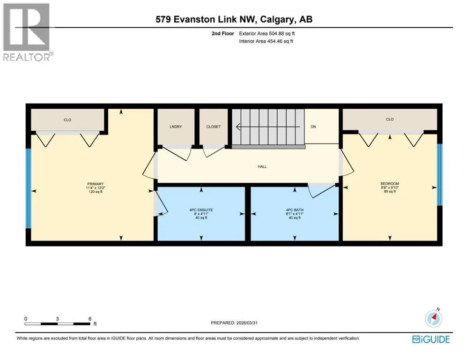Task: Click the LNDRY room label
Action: point(176,127)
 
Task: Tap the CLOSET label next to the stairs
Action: point(214,127)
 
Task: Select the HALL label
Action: point(262,167)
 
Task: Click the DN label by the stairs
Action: point(313,127)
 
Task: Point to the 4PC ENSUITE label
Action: point(201,210)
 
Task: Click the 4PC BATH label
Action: point(295,210)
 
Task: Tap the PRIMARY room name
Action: point(96,184)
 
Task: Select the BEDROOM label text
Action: point(390,184)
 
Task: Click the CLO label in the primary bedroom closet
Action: point(67,120)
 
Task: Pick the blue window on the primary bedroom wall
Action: point(29,188)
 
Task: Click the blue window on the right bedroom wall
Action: point(440,175)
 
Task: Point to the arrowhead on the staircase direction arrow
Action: point(238,127)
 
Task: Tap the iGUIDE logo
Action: point(431,339)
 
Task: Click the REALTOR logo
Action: point(27,32)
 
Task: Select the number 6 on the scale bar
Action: point(90,319)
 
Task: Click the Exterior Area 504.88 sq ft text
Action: point(267,34)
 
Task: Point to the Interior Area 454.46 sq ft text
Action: point(266,41)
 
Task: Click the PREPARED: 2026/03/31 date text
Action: point(234,322)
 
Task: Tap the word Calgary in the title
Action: point(277,20)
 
